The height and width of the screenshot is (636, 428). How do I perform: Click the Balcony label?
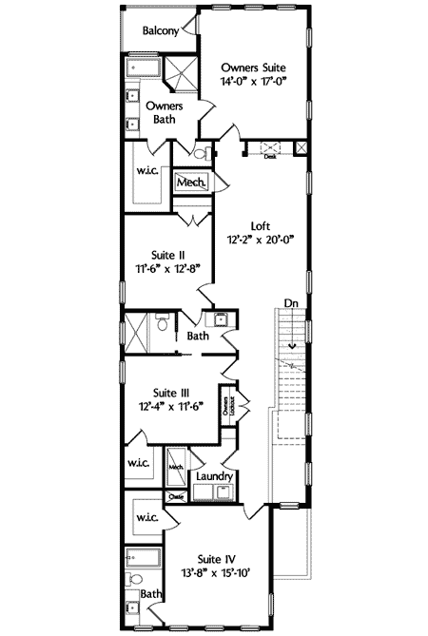pyautogui.click(x=161, y=31)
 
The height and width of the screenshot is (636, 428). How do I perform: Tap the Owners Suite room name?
pyautogui.click(x=253, y=67)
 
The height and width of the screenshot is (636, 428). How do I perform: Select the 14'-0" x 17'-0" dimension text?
pyautogui.click(x=253, y=83)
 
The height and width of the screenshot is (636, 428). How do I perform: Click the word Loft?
pyautogui.click(x=261, y=226)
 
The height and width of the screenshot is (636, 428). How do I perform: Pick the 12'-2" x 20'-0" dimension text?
pyautogui.click(x=261, y=241)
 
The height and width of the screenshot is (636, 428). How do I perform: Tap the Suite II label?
pyautogui.click(x=167, y=255)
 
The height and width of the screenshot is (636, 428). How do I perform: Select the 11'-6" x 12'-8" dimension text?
pyautogui.click(x=167, y=270)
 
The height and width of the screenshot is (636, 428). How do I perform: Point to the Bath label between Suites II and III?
pyautogui.click(x=198, y=336)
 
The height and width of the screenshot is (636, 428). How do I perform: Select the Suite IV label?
pyautogui.click(x=216, y=559)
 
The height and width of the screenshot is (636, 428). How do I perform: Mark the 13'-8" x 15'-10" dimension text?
pyautogui.click(x=216, y=574)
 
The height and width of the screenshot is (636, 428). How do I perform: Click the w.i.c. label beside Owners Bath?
pyautogui.click(x=147, y=172)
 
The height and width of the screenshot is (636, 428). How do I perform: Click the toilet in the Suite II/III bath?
pyautogui.click(x=163, y=327)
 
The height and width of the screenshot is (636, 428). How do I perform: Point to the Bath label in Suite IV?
pyautogui.click(x=151, y=593)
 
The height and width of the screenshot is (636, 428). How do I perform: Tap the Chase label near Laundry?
pyautogui.click(x=176, y=495)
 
